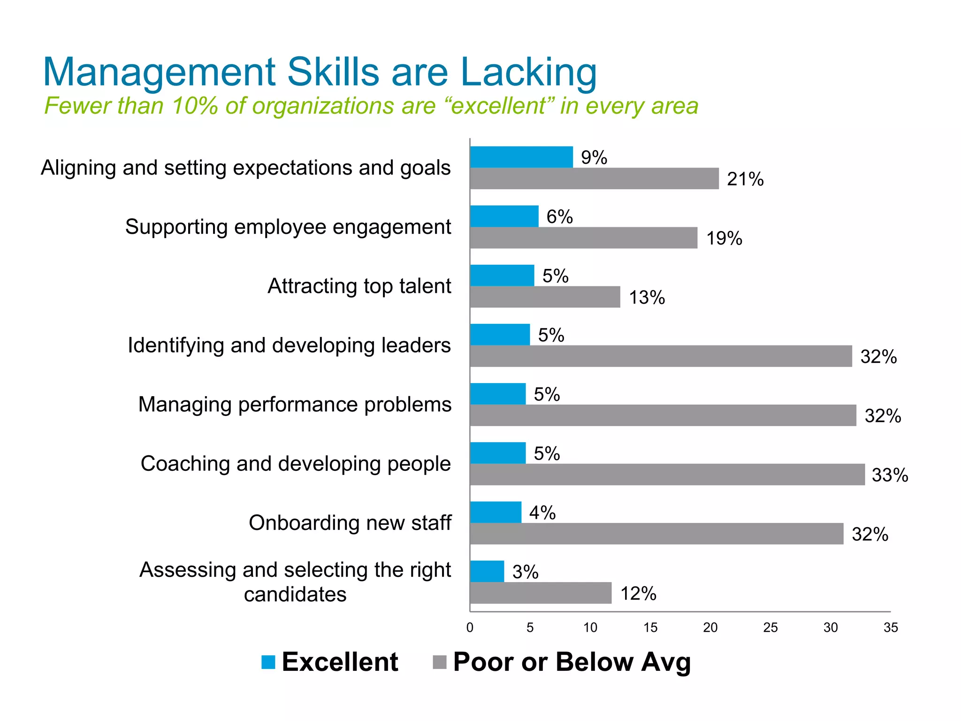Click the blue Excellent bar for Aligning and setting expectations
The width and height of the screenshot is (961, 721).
(521, 157)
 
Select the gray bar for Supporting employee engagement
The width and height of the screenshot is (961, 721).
(583, 238)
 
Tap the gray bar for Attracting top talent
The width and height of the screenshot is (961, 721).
(545, 297)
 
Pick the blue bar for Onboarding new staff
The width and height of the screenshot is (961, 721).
(496, 512)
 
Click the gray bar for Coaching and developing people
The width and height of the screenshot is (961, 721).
(667, 474)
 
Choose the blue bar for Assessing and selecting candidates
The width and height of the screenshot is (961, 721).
(487, 571)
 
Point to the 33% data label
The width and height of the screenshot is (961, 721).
(890, 475)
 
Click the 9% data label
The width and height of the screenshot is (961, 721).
(594, 158)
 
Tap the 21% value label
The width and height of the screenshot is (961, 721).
(745, 179)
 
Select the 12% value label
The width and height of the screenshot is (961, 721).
(638, 594)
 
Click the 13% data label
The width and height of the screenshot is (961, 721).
(647, 298)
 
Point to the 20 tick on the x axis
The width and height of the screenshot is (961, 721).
(710, 628)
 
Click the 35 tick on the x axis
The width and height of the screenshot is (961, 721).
(891, 628)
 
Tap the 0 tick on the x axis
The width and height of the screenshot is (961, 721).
(470, 628)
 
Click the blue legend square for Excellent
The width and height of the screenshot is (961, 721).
(268, 662)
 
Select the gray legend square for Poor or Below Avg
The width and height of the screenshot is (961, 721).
(439, 662)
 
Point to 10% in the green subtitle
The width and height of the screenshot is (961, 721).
(195, 106)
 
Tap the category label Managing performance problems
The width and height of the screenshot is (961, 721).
(295, 405)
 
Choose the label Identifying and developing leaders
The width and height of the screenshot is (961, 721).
(289, 345)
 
